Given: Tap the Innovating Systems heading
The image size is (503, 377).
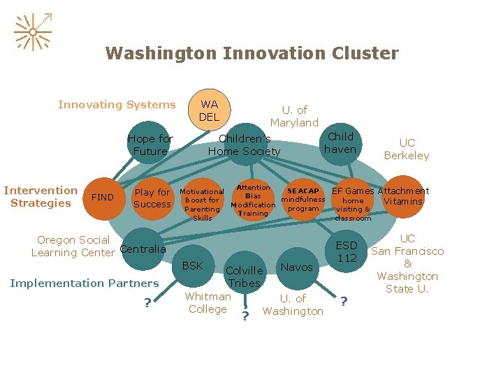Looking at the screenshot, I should (x=117, y=105).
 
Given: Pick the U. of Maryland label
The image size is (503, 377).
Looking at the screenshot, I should (x=294, y=116).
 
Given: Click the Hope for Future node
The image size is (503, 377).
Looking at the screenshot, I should (x=150, y=145).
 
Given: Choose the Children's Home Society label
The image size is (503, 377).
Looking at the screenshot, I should (x=244, y=145).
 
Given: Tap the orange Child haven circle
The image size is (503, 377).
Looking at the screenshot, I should (x=341, y=143).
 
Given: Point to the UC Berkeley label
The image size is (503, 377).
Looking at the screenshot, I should (x=407, y=149).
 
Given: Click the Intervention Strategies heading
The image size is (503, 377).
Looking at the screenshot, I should (x=41, y=196).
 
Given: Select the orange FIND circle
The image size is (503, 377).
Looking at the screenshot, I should (x=103, y=198).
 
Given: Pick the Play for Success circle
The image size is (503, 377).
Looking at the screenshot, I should (x=152, y=198).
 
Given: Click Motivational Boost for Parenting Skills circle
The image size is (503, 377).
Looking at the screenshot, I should (x=202, y=204).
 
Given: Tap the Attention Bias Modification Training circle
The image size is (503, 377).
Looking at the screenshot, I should (x=253, y=200).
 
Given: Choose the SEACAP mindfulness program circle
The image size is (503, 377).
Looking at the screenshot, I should (x=303, y=200).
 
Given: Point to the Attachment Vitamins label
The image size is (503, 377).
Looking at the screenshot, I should (x=403, y=196).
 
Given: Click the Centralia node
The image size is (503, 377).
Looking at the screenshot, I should (x=143, y=249).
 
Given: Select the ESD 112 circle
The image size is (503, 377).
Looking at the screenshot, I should (x=347, y=252).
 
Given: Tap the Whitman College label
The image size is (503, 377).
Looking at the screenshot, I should (x=207, y=302).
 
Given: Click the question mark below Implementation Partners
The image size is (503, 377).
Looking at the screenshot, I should (x=147, y=302).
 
